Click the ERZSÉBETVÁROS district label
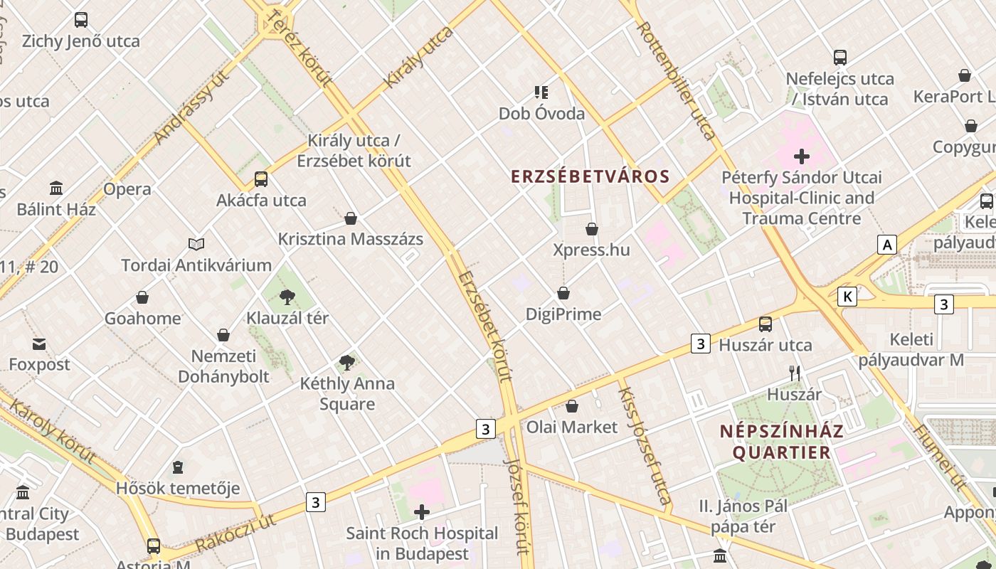(x=590, y=176)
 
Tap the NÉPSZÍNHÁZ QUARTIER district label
(x=781, y=442)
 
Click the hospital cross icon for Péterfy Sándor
(x=802, y=156)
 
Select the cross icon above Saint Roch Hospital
(x=422, y=512)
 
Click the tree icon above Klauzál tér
(x=287, y=297)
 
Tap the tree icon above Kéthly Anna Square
(x=347, y=363)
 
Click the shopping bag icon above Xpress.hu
(x=592, y=229)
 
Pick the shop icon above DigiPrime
(x=563, y=293)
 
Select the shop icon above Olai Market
(x=572, y=406)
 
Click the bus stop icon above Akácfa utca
(x=261, y=179)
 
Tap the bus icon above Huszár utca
(x=765, y=324)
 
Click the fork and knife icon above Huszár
(x=795, y=373)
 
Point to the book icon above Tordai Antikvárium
(x=196, y=244)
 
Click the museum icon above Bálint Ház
(x=56, y=188)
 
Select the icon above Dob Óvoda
(x=541, y=92)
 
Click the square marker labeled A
(x=886, y=245)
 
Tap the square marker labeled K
(x=847, y=297)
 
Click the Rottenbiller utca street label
(x=677, y=80)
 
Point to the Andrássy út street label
(x=191, y=107)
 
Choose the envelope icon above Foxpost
(x=39, y=344)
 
